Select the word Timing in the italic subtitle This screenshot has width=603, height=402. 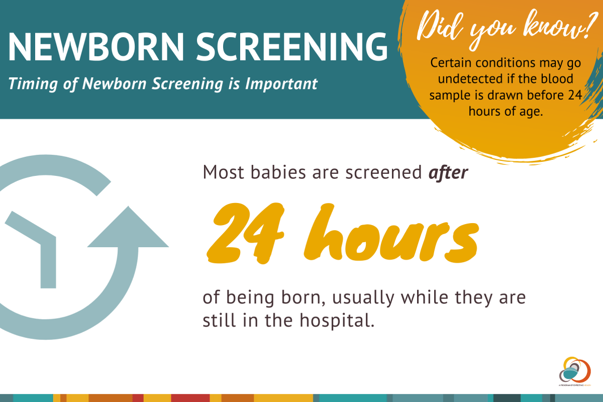click(28, 83)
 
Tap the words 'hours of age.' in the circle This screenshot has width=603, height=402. click(506, 111)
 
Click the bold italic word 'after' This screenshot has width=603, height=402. click(448, 173)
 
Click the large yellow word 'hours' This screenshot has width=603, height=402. click(387, 234)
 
